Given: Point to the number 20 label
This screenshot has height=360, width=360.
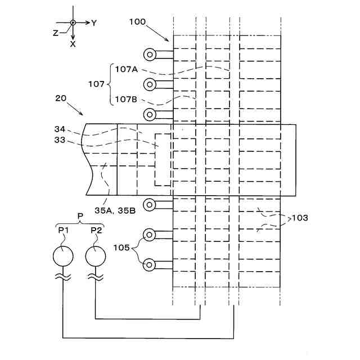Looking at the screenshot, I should (61, 98).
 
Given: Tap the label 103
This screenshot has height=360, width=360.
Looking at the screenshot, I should (299, 217).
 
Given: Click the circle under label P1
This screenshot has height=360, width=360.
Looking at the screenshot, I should (62, 256).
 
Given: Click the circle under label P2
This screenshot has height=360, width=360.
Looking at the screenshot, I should (96, 256).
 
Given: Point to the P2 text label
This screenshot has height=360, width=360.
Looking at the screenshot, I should (96, 230).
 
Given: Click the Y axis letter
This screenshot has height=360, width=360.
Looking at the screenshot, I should (94, 23).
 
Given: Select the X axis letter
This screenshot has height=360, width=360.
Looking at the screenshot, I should (73, 44).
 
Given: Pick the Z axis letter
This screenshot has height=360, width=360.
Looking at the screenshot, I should (55, 33).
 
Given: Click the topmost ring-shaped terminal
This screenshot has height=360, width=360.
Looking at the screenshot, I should (150, 55).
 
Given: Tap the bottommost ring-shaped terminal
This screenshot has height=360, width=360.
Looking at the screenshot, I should (150, 264).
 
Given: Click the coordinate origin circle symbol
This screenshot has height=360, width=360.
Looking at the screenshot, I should (73, 23).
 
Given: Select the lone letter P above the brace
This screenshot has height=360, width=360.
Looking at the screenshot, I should (79, 215).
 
